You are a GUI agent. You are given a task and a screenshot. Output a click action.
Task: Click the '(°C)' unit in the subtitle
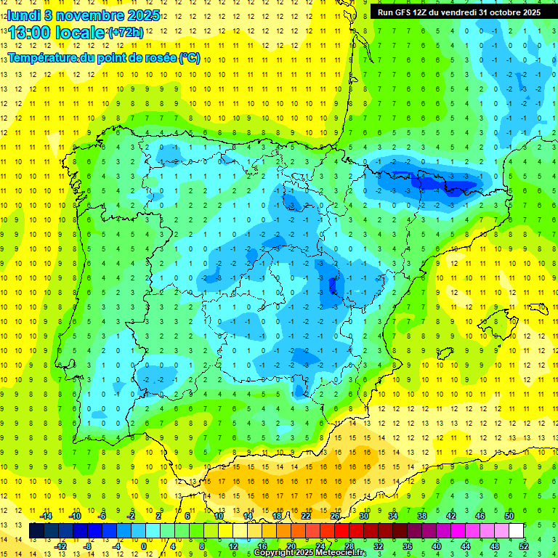coord(189,58)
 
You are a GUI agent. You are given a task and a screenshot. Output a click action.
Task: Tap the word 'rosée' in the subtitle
coord(161,58)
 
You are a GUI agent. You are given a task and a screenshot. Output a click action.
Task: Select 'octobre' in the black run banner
coord(503,12)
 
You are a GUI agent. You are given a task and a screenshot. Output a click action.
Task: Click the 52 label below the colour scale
coord(524,546)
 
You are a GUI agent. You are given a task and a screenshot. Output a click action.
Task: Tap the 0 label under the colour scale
coord(145,546)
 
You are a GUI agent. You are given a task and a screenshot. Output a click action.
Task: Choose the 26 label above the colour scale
coord(335,515)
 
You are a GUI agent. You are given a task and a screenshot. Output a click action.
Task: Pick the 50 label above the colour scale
coord(509,515)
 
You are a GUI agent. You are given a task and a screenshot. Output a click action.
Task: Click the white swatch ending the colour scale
coord(517,531)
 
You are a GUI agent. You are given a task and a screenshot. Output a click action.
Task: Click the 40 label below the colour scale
coord(437,546)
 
